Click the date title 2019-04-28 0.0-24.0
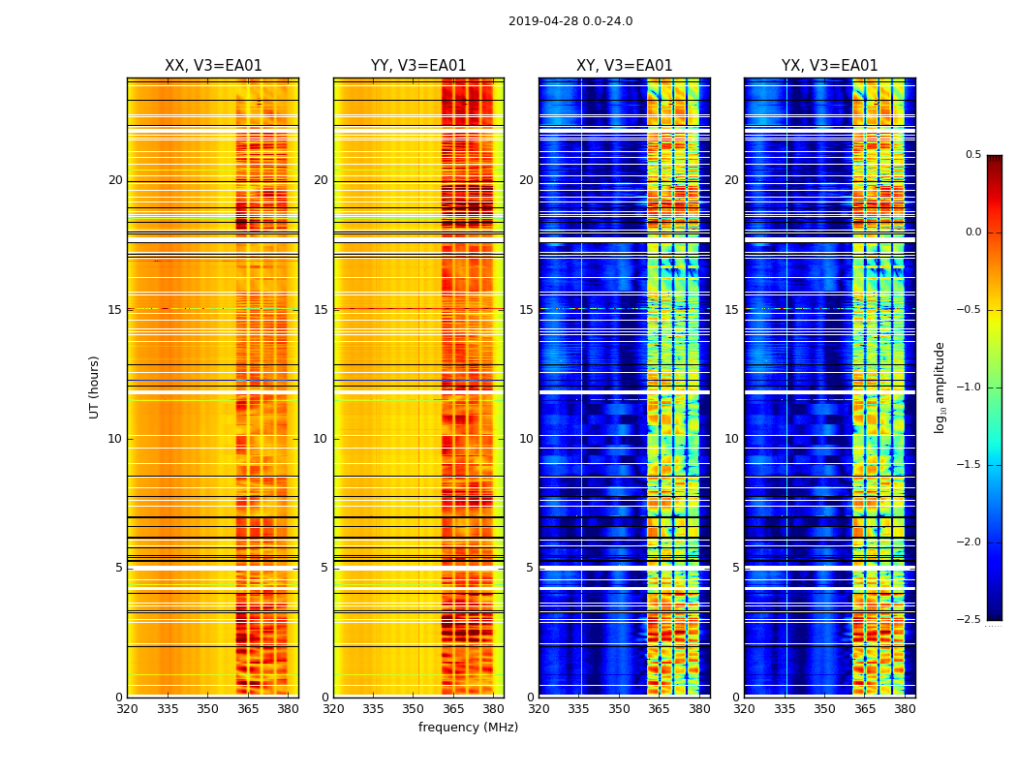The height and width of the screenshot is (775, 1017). [x=570, y=21]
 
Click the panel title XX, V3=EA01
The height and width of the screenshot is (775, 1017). [x=213, y=66]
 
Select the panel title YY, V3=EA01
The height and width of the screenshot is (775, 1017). [x=418, y=66]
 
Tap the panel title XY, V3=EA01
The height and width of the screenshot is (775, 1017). [x=624, y=66]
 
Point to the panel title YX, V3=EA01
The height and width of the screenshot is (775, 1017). [x=829, y=66]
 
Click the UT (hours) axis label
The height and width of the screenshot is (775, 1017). [x=94, y=387]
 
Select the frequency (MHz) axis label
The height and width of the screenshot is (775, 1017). [x=468, y=728]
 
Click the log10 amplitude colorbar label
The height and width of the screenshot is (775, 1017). [x=940, y=387]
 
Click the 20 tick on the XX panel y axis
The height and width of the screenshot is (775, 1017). [x=115, y=180]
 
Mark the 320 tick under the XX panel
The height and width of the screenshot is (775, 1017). [x=127, y=710]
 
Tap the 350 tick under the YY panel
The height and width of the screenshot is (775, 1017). [x=414, y=710]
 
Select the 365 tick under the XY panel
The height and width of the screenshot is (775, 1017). [x=659, y=710]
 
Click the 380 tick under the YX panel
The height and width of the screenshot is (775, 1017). [x=905, y=710]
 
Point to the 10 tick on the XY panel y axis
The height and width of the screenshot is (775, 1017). [x=526, y=439]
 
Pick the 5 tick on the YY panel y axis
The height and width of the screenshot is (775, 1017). [x=324, y=568]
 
